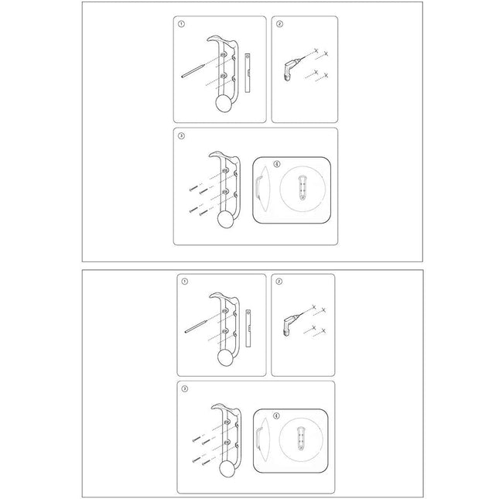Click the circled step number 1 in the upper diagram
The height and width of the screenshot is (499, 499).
click(181, 24)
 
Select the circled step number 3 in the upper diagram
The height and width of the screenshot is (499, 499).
click(181, 136)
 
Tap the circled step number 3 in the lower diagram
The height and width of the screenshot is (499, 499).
click(181, 389)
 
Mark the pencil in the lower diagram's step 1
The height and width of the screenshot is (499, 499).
click(198, 323)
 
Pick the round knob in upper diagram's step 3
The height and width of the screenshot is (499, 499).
click(226, 220)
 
